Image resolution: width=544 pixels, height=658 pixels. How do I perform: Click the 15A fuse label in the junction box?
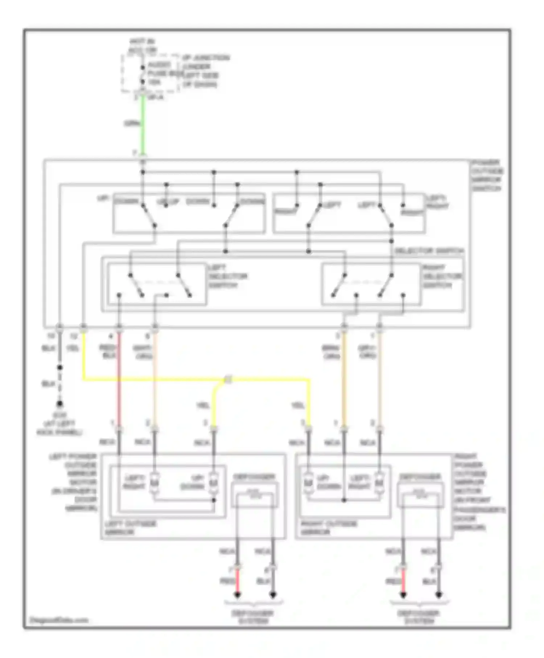tap(154, 83)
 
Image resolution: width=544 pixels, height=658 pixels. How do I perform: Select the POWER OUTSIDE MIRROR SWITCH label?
tap(487, 175)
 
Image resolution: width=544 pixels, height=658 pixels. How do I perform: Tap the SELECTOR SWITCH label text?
tap(429, 251)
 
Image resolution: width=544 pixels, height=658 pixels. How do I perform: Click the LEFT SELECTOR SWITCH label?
tap(227, 276)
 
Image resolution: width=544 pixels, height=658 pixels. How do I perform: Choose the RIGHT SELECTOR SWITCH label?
tap(442, 276)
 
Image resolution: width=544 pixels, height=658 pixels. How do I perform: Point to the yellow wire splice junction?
tap(228, 380)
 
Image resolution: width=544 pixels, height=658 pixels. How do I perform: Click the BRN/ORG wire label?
tap(331, 352)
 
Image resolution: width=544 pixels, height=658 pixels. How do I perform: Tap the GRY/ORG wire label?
tap(367, 352)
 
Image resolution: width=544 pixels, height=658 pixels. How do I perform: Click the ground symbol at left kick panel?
tap(59, 403)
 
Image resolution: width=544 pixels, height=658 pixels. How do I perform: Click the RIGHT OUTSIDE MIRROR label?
tap(329, 528)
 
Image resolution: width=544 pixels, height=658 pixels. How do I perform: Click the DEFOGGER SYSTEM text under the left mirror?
tap(254, 617)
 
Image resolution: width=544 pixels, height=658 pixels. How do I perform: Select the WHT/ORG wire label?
tap(143, 352)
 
